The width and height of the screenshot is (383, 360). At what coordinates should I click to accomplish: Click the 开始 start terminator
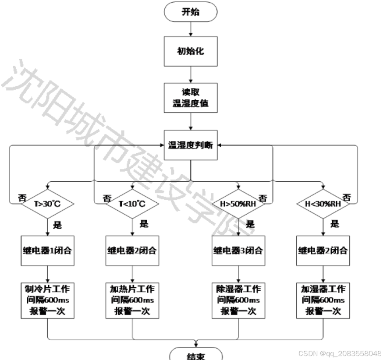pyautogui.click(x=191, y=12)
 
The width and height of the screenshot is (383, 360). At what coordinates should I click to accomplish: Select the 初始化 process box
pyautogui.click(x=191, y=51)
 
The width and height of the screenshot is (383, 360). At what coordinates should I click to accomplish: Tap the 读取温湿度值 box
pyautogui.click(x=191, y=98)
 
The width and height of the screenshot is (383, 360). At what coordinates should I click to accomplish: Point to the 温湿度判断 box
pyautogui.click(x=191, y=145)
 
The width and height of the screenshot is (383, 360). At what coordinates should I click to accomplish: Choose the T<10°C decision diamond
pyautogui.click(x=132, y=204)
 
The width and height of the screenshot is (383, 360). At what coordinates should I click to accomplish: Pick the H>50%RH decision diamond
pyautogui.click(x=238, y=204)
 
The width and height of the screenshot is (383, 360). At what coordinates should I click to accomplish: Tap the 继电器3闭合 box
pyautogui.click(x=238, y=251)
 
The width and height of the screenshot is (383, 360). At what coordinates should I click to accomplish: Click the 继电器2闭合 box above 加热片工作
pyautogui.click(x=132, y=251)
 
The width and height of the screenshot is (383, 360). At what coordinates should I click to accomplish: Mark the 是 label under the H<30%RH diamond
pyautogui.click(x=334, y=224)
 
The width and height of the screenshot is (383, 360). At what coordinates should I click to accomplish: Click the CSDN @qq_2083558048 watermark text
pyautogui.click(x=340, y=353)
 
